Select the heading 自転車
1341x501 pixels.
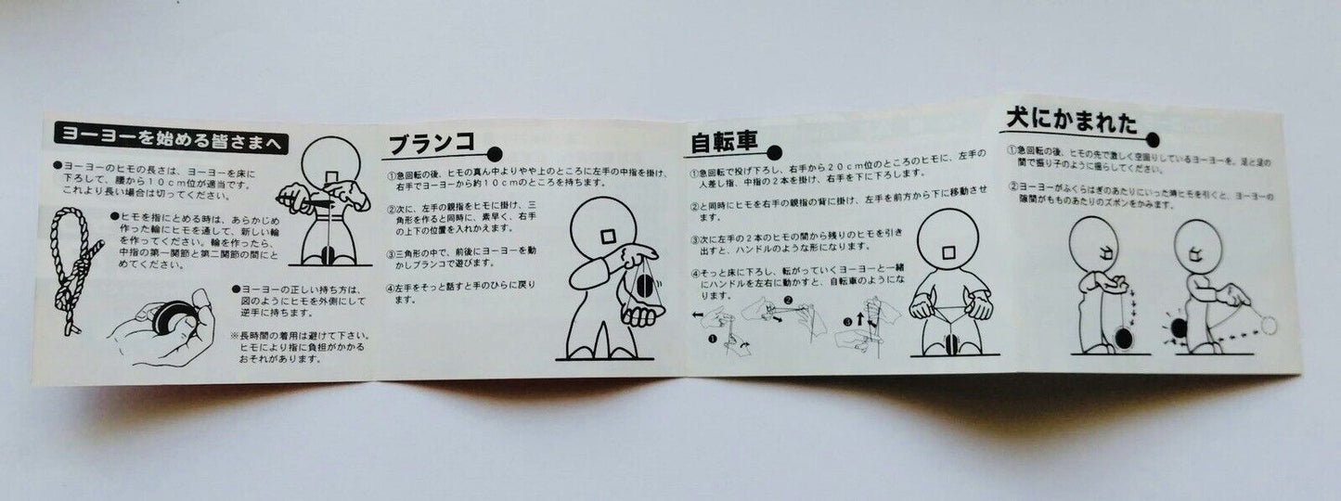click(725, 143)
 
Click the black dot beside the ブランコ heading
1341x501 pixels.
click(495, 151)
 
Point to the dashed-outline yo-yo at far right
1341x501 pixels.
click(1270, 325)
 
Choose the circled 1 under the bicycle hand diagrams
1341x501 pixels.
click(716, 341)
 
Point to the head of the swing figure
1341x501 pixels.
click(604, 240)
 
